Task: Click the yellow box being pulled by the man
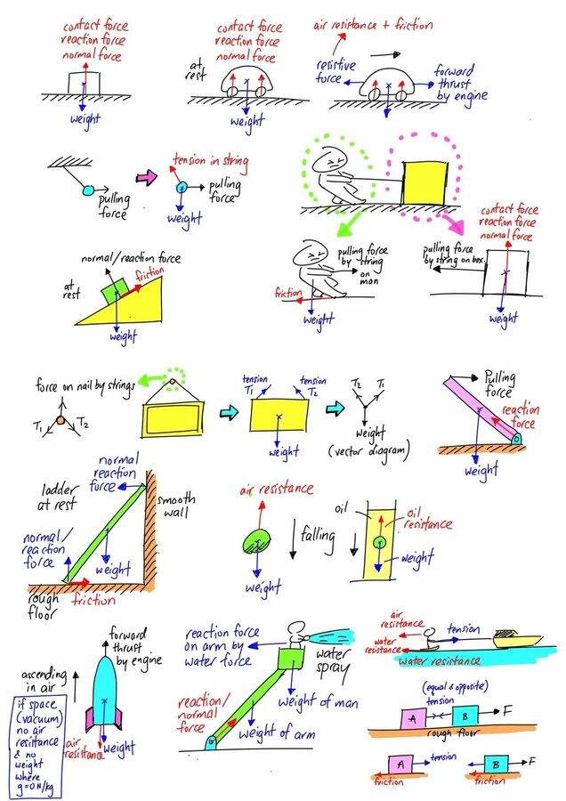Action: pyautogui.click(x=425, y=182)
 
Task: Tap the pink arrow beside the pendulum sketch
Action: pyautogui.click(x=146, y=177)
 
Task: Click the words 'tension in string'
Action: pyautogui.click(x=210, y=162)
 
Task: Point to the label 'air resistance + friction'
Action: pyautogui.click(x=374, y=25)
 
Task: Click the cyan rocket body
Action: pyautogui.click(x=105, y=690)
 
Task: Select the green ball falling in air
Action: pyautogui.click(x=255, y=543)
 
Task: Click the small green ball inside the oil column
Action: pyautogui.click(x=379, y=542)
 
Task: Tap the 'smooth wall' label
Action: pyautogui.click(x=176, y=505)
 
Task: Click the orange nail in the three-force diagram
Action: pyautogui.click(x=61, y=420)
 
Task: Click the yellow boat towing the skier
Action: pyautogui.click(x=517, y=638)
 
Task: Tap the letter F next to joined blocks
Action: pyautogui.click(x=507, y=710)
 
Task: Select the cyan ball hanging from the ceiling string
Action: pyautogui.click(x=88, y=190)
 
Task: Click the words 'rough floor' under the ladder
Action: pyautogui.click(x=43, y=607)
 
